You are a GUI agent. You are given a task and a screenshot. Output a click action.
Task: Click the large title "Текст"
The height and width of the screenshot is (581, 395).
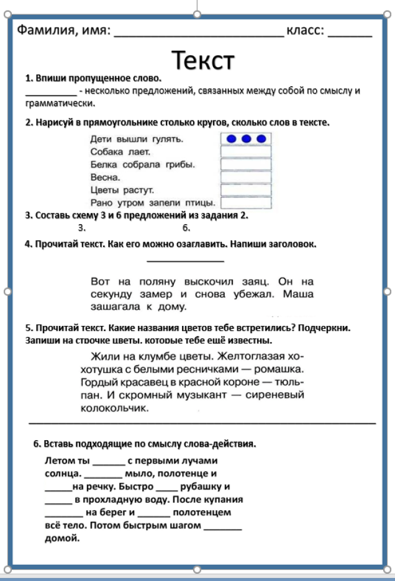coord(203,60)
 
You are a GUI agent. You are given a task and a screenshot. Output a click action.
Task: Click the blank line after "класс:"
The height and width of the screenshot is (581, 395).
coord(350,32)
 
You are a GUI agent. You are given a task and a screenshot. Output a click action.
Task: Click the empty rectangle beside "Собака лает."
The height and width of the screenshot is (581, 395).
coord(246,151)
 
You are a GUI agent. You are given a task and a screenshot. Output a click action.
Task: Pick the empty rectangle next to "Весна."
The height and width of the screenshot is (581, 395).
coord(246,177)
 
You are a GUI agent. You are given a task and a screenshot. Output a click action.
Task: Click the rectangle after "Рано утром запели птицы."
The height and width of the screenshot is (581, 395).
coord(246,202)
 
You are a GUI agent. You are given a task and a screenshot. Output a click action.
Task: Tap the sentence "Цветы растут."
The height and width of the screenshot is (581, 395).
coord(122,189)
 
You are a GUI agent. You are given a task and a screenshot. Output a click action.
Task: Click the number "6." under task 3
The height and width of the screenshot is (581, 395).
coord(186,228)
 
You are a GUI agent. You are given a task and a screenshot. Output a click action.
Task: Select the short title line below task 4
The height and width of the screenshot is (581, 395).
coord(185,260)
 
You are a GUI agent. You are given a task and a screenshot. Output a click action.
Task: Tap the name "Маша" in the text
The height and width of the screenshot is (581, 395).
coord(299,294)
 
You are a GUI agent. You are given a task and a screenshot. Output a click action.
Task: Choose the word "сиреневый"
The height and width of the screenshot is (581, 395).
coord(275,395)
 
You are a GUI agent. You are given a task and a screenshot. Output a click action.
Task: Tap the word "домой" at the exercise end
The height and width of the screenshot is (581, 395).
coord(62,538)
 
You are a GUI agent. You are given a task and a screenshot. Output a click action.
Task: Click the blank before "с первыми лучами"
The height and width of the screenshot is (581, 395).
coord(108,462)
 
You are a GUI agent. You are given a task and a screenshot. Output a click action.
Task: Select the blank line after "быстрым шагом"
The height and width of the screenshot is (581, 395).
coord(222,526)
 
